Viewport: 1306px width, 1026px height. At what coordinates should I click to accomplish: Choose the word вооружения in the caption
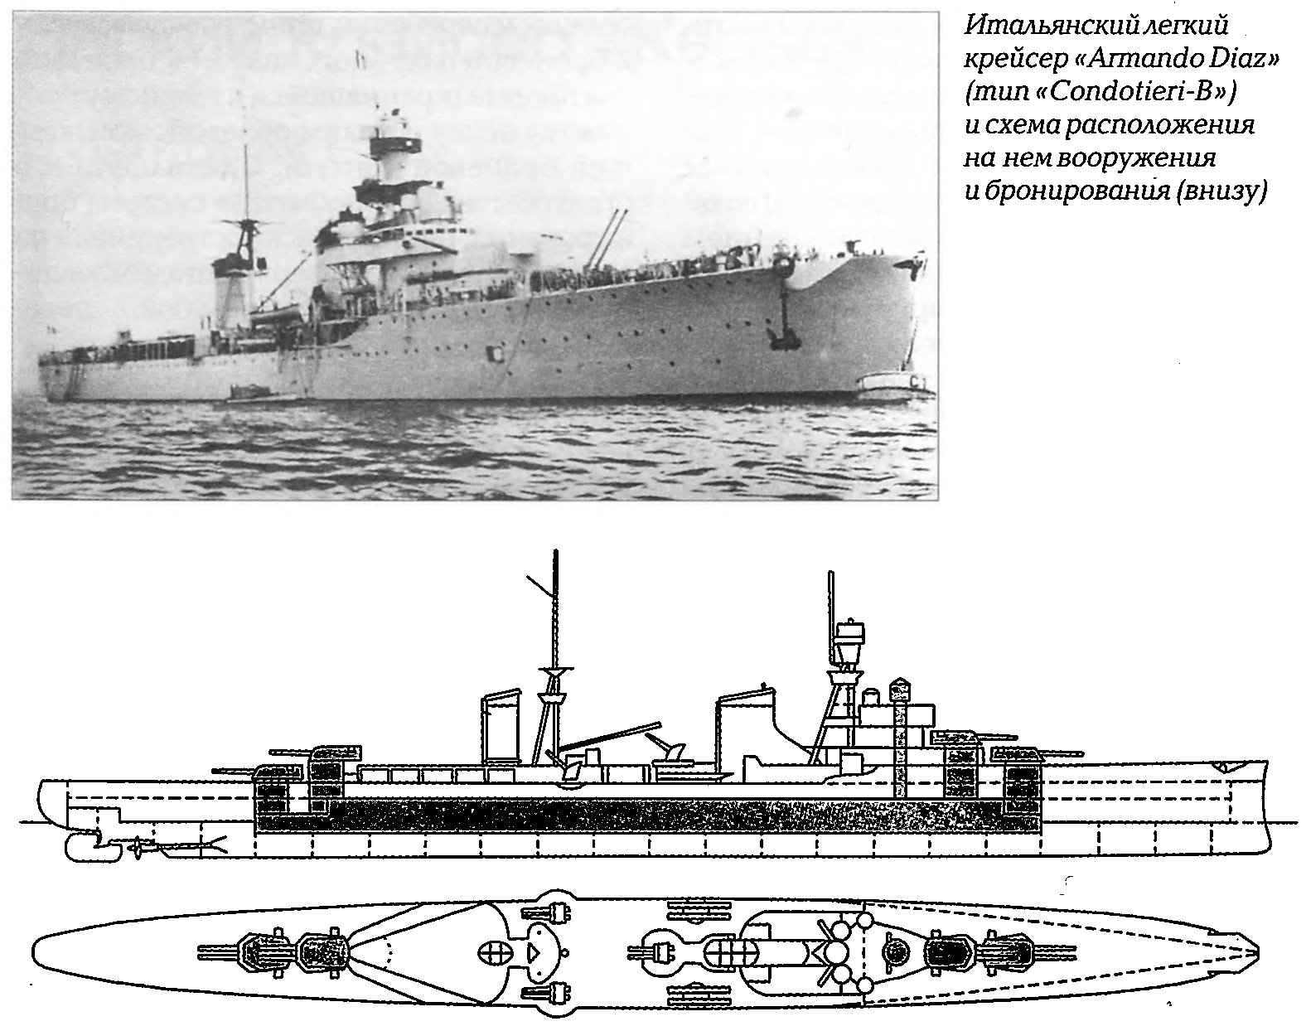(1137, 158)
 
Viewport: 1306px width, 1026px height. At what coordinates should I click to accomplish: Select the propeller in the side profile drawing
(140, 849)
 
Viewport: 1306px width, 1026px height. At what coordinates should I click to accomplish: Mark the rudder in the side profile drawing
(91, 848)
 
